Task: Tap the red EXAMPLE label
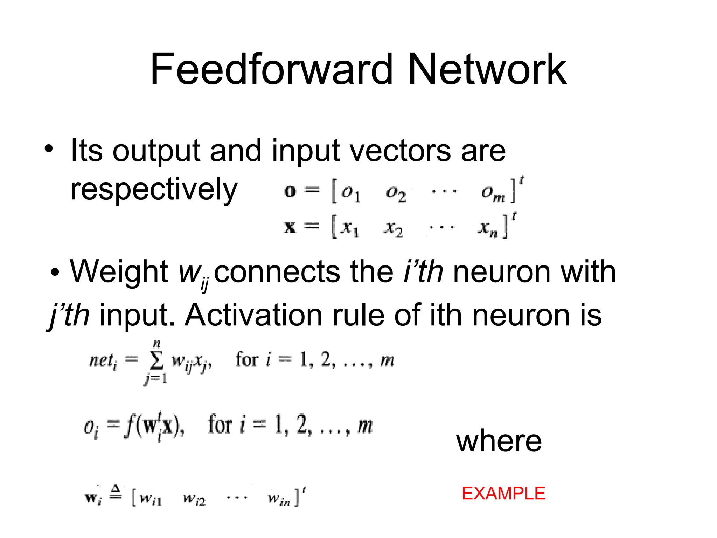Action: (x=503, y=494)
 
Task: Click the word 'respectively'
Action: (x=154, y=189)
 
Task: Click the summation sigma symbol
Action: (x=156, y=361)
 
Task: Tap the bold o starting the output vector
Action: (x=290, y=191)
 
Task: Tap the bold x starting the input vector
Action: (x=290, y=228)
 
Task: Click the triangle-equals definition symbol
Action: (x=116, y=492)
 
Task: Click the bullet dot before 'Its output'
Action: (x=49, y=149)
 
